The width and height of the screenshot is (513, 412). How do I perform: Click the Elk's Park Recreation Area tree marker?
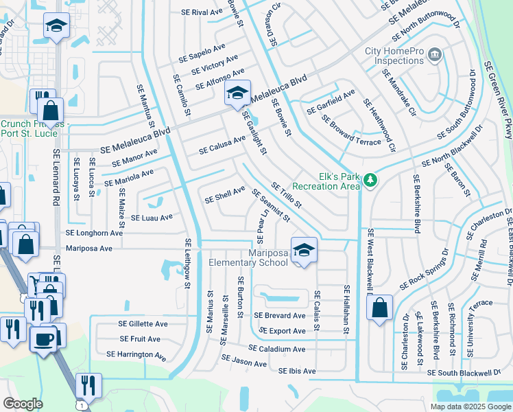pyautogui.click(x=371, y=180)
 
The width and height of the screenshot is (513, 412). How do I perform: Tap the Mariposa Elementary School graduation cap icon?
pyautogui.click(x=302, y=251)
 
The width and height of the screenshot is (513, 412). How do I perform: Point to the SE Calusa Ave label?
pyautogui.click(x=222, y=145)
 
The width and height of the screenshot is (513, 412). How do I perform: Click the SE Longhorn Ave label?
pyautogui.click(x=94, y=233)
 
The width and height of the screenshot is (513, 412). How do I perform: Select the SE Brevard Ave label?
pyautogui.click(x=280, y=316)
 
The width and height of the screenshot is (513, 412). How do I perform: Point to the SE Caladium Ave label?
pyautogui.click(x=277, y=349)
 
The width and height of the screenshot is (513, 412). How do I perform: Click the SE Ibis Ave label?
pyautogui.click(x=297, y=371)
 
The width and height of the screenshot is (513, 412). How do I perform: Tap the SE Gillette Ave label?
pyautogui.click(x=143, y=323)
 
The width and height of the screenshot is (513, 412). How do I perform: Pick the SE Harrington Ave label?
pyautogui.click(x=136, y=355)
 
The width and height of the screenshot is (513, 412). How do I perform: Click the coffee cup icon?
pyautogui.click(x=45, y=339)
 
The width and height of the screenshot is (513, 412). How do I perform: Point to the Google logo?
pyautogui.click(x=23, y=404)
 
